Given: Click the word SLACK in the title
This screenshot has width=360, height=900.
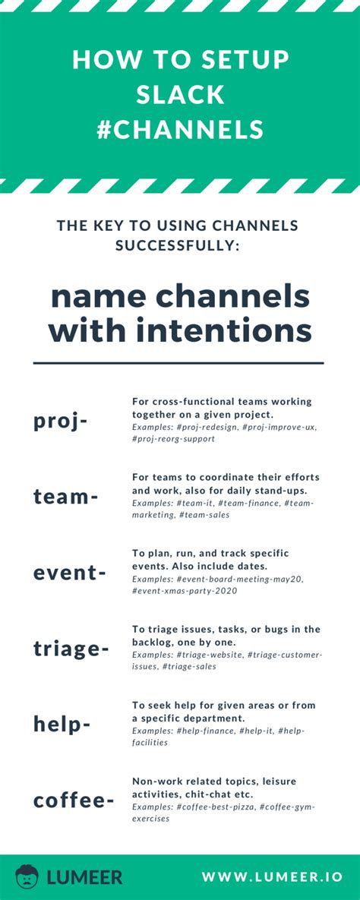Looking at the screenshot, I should [180, 95].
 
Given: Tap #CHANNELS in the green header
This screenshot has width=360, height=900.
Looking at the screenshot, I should [180, 130].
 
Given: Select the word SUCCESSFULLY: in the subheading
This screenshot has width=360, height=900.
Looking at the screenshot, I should [179, 245].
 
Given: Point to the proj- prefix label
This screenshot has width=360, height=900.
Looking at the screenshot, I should [61, 421].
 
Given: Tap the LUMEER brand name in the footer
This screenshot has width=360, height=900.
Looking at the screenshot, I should [84, 877].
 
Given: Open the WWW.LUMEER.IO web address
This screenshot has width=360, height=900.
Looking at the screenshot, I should [271, 877].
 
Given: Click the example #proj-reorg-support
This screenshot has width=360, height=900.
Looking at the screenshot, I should [173, 439].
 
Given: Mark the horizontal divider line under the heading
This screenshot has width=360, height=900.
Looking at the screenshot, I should [179, 363].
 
